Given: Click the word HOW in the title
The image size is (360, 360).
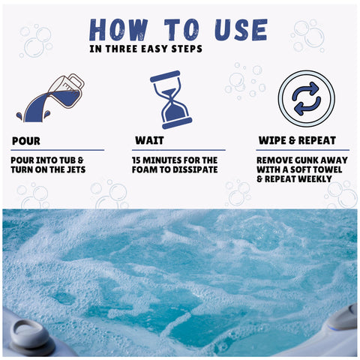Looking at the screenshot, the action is pos(119,30).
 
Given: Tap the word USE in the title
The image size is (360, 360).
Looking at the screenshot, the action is pos(241,30).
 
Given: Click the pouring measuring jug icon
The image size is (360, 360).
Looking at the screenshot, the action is pos(50,98).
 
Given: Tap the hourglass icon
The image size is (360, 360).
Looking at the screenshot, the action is pos(171,100).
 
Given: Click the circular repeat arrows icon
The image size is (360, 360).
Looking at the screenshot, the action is pos(307,98).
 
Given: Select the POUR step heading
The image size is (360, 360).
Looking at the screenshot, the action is pos(26,141).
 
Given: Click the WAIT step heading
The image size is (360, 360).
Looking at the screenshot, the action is pos(149,140).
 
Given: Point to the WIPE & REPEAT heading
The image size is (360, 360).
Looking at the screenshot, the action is pos(297,140).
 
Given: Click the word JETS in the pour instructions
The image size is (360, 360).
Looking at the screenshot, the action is pos(76,169).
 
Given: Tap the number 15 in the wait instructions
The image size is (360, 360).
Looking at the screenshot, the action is pos(136,160).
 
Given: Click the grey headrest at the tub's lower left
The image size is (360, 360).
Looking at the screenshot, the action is pos(31,336).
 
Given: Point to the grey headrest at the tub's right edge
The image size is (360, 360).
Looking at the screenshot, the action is pos(343,317).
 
